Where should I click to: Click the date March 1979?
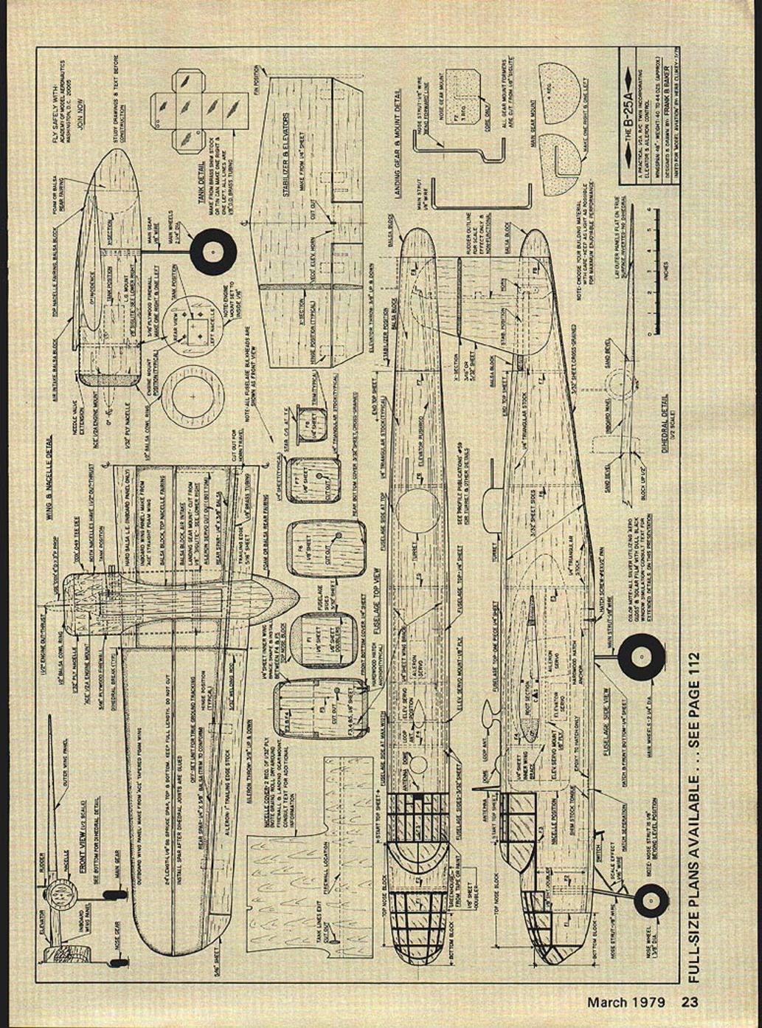pos(626,1001)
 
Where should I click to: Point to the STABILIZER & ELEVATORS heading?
pos(286,154)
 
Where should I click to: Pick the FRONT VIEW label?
pos(83,826)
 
